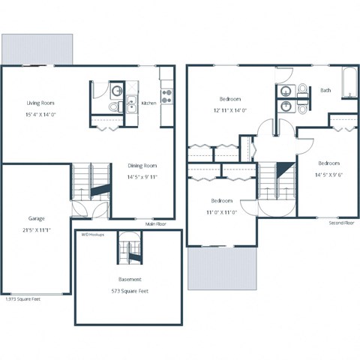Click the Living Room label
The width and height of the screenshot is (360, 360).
40,103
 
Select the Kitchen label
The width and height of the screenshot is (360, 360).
149,103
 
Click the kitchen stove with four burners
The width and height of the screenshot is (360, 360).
166,95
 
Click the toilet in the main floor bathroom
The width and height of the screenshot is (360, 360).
113,107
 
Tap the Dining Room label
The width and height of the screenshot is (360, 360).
141,166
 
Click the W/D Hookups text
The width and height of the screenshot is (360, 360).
93,234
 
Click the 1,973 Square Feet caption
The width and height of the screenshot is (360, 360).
23,299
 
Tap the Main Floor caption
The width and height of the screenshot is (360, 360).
156,223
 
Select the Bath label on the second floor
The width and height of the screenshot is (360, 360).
325,90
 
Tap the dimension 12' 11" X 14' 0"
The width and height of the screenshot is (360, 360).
229,111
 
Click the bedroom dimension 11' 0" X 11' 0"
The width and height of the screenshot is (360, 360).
223,212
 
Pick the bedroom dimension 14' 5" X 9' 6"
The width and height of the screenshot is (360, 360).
328,175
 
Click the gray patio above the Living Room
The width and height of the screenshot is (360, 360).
37,49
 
